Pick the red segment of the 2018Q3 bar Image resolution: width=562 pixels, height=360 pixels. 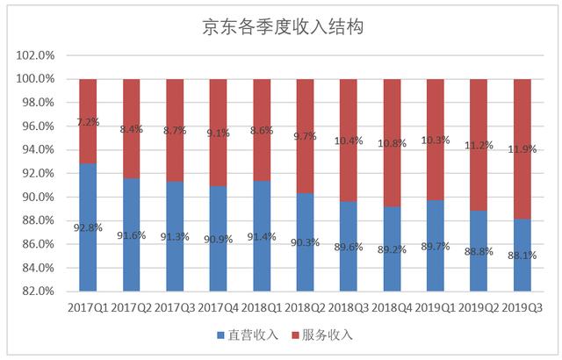pyautogui.click(x=349, y=140)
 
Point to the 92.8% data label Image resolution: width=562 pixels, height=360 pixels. pyautogui.click(x=89, y=228)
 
